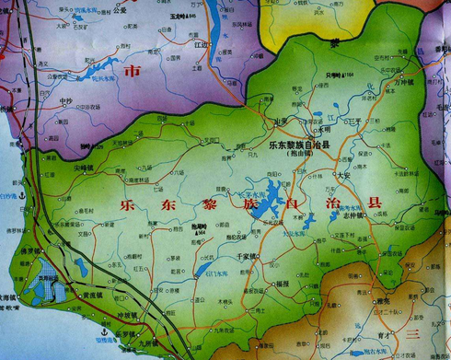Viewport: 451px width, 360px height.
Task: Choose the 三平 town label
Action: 351,120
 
